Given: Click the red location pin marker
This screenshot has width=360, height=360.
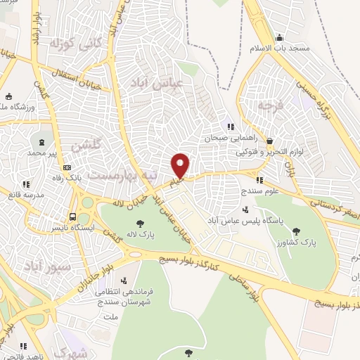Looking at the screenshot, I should point(181,165).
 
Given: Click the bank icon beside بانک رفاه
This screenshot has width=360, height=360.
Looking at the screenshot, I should point(67,167).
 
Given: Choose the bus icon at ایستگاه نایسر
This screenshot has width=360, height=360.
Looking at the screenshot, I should point(72,217).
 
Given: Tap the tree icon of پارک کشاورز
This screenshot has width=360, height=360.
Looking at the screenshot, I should point(297,230).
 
